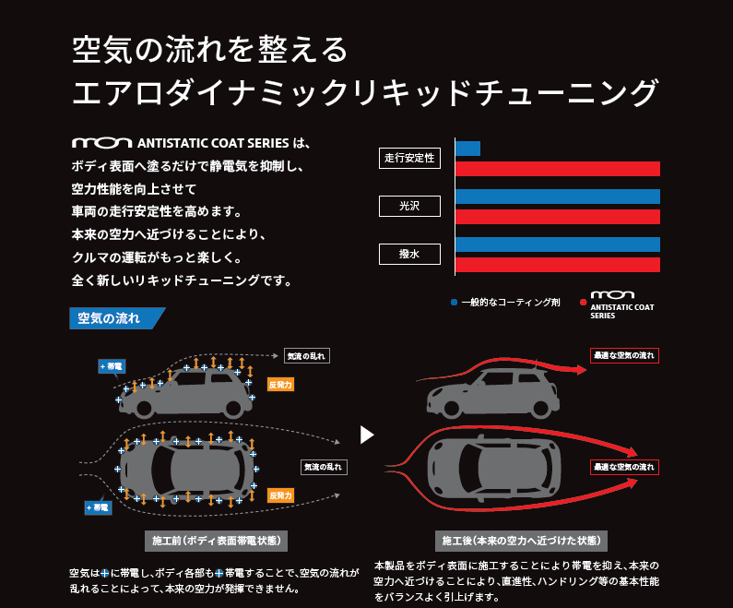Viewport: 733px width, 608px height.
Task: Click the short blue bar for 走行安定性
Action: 467,149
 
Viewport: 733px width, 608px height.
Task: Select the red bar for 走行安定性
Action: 558,169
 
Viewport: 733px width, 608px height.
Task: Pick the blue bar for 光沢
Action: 558,197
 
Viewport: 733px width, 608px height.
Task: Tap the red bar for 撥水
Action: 558,265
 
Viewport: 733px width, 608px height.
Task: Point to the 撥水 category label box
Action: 408,255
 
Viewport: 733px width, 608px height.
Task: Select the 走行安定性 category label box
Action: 408,159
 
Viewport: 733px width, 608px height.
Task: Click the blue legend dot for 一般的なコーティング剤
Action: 454,302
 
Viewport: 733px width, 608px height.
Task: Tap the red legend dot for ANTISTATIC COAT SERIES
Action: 584,302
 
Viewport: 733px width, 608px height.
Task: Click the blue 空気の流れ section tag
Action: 114,319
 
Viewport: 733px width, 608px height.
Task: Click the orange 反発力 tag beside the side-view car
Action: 280,384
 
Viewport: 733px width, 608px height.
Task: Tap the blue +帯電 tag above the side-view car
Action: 112,366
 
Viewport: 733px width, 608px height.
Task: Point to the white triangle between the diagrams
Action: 367,434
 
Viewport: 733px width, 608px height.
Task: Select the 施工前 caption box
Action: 218,540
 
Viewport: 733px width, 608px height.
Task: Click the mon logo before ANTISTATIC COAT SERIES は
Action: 100,143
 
